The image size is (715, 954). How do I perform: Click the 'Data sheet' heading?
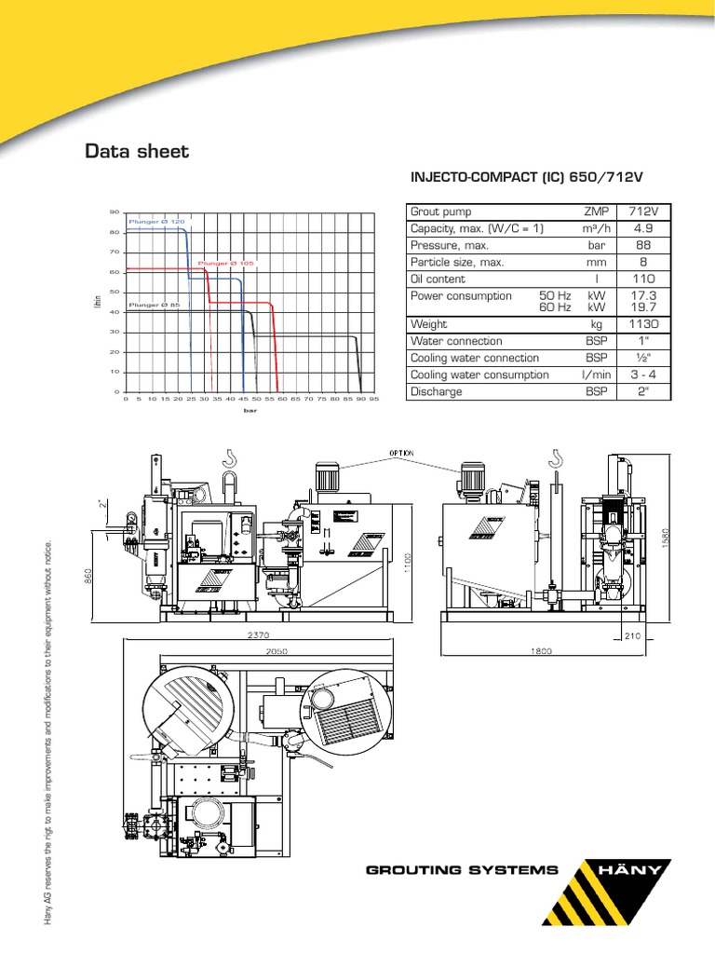(x=137, y=150)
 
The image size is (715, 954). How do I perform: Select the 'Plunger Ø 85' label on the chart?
(x=147, y=305)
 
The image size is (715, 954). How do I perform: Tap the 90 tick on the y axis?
(x=115, y=212)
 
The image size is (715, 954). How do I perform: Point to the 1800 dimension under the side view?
(x=543, y=649)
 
